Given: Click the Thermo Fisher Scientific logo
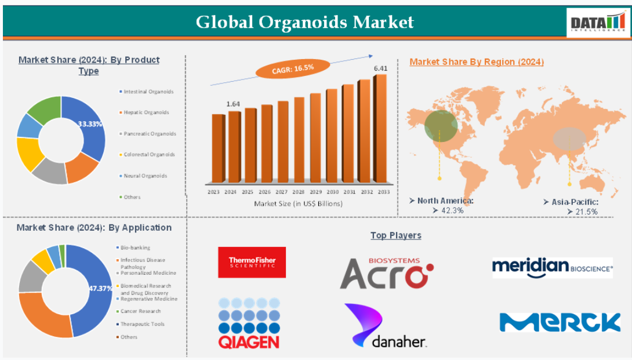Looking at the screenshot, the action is click(252, 263).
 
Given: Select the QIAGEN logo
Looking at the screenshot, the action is click(249, 323).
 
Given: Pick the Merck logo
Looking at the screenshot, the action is click(560, 322).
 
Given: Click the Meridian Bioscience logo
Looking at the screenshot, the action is click(553, 268).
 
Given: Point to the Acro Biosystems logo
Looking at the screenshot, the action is click(387, 273).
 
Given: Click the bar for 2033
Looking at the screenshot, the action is click(380, 129).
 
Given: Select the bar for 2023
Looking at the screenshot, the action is click(217, 148).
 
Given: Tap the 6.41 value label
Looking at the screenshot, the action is click(380, 68).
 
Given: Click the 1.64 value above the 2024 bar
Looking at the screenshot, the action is click(233, 104).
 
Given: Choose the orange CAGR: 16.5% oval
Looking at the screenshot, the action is click(293, 68).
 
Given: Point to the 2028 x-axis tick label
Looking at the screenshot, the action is click(298, 192).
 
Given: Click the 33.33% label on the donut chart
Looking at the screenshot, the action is click(90, 123).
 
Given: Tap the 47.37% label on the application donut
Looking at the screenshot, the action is click(100, 288).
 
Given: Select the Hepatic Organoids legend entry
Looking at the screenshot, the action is click(144, 112).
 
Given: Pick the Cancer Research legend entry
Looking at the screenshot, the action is click(138, 311).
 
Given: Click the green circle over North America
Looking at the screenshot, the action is click(441, 126).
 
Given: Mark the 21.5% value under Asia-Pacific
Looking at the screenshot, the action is click(582, 212).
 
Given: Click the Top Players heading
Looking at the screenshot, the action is click(396, 235).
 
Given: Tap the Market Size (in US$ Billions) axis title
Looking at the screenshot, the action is click(298, 203).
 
